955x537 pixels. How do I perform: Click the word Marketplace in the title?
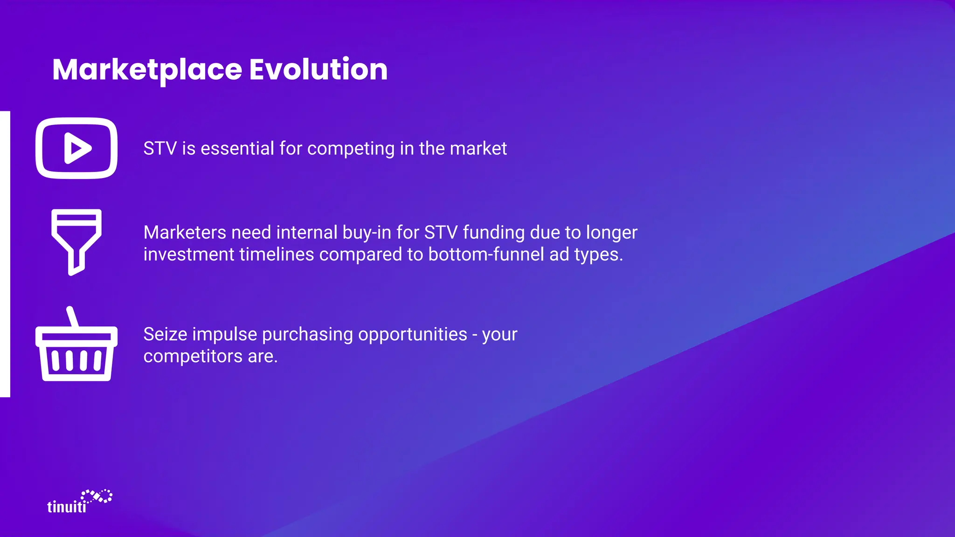pos(147,70)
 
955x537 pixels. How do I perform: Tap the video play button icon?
pos(76,148)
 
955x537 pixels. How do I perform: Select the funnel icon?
pos(76,241)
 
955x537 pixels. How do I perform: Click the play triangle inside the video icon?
pos(77,148)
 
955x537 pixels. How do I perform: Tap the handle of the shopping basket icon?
pos(72,317)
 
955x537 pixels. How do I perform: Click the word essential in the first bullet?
pos(237,149)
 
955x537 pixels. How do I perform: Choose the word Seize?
pos(165,334)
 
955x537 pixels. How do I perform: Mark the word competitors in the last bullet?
pos(193,356)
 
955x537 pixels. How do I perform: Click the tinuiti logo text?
pos(67,507)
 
